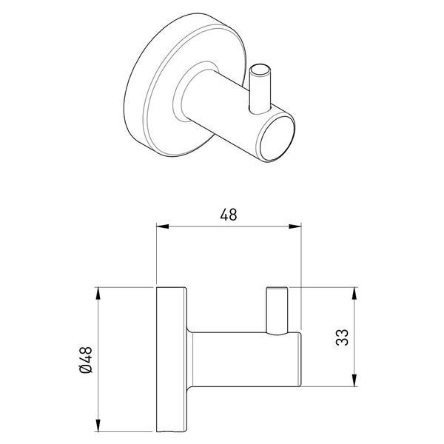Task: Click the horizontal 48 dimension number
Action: click(228, 215)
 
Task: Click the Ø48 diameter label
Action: click(86, 360)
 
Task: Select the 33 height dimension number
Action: click(342, 337)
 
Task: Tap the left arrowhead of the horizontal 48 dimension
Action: click(163, 226)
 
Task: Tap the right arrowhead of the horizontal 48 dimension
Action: click(295, 226)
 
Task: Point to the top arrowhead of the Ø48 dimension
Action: click(98, 293)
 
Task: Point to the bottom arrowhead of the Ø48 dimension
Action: click(98, 425)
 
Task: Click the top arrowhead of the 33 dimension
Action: click(354, 293)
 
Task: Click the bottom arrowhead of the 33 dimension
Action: click(354, 380)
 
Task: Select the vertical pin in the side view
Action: click(277, 311)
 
